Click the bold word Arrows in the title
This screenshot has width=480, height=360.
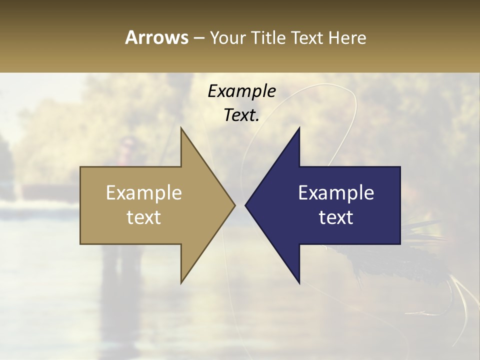coord(156,37)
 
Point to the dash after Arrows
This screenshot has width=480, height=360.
coord(198,38)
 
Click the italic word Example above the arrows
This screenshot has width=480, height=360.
coord(241,91)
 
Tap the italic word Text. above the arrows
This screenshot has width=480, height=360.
coord(241,115)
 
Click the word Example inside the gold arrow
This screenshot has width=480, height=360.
coord(144,193)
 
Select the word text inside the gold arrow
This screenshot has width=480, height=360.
coord(144,217)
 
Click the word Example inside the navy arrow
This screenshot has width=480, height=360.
coord(336,193)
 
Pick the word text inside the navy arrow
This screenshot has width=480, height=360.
coord(336,217)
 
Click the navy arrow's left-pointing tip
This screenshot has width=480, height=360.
coord(246,205)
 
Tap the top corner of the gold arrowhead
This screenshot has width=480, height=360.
coord(181,128)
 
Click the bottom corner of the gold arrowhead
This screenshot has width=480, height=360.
coord(181,282)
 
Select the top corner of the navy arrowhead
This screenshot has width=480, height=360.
coord(299,128)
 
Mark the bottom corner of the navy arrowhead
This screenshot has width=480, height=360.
coord(299,282)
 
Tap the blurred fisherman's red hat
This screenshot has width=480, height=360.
coord(127,142)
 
